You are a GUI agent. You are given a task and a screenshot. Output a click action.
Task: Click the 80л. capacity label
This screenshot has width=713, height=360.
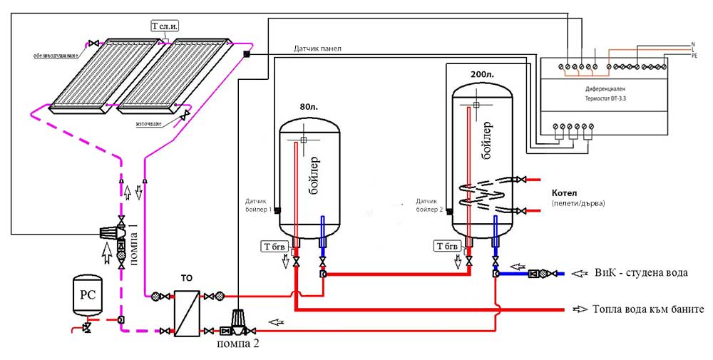(x=309, y=108)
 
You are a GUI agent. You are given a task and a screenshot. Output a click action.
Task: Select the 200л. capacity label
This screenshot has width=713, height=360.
(x=482, y=73)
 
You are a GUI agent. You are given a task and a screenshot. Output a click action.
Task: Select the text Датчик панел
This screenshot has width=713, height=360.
(x=317, y=48)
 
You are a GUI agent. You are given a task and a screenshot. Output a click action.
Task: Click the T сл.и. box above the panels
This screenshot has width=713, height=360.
(x=165, y=25)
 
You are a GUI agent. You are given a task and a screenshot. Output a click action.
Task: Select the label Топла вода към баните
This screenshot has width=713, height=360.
(x=647, y=309)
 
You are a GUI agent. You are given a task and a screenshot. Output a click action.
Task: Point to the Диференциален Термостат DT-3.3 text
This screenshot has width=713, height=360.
(x=605, y=96)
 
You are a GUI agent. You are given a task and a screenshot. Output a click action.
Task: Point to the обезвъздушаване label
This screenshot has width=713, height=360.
(x=56, y=55)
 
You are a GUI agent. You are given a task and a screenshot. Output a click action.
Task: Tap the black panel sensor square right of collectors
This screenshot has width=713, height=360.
(x=245, y=55)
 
